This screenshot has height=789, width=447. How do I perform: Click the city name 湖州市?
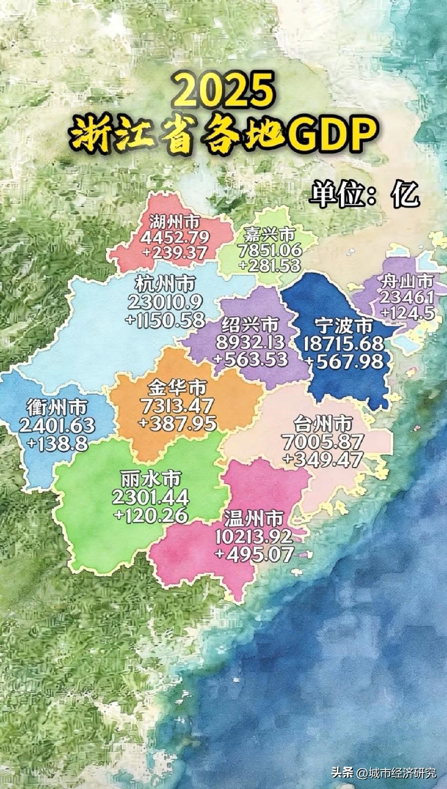click(174, 222)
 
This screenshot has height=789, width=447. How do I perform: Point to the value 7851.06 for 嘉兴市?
click(270, 250)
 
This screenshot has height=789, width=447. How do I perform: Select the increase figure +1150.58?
click(165, 319)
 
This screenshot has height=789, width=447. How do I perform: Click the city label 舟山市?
click(407, 281)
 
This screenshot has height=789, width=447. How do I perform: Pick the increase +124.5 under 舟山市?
click(407, 312)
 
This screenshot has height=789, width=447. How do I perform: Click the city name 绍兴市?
click(250, 325)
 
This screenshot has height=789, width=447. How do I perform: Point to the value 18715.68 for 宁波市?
click(344, 344)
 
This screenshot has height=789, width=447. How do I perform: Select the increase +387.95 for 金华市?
click(177, 422)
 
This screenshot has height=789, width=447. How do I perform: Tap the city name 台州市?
click(323, 424)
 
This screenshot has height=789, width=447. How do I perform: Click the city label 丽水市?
click(150, 479)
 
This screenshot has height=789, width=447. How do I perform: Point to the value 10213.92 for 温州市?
click(254, 536)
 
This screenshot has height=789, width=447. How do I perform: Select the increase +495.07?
click(254, 554)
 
